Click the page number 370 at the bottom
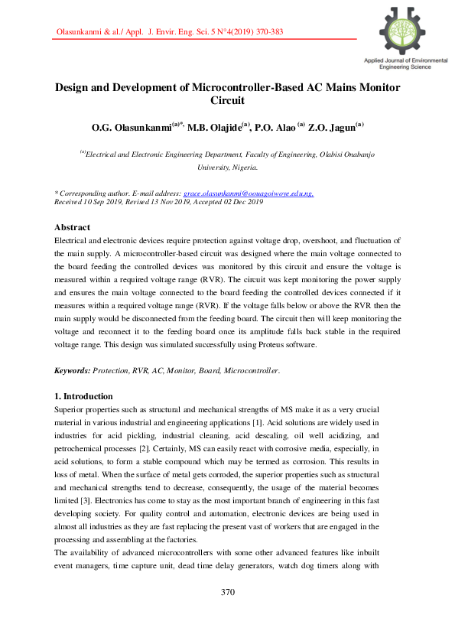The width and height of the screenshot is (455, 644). [227, 592]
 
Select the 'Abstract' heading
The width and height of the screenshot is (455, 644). [73, 227]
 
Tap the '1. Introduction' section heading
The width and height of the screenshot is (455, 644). [83, 396]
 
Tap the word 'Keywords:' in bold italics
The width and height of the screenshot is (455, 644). [73, 370]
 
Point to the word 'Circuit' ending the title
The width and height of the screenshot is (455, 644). [227, 100]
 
